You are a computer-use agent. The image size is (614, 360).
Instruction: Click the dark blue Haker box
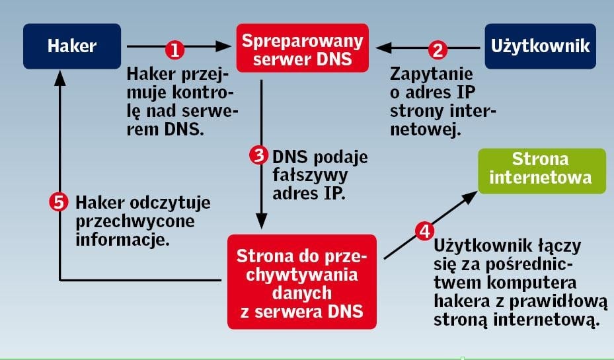pyautogui.click(x=72, y=46)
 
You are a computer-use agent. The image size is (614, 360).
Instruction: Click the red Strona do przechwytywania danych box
pyautogui.click(x=302, y=281)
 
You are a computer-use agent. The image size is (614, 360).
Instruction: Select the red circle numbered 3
pyautogui.click(x=258, y=156)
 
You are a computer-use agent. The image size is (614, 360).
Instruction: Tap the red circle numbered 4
pyautogui.click(x=424, y=231)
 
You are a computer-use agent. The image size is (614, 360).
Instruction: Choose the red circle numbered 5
pyautogui.click(x=60, y=201)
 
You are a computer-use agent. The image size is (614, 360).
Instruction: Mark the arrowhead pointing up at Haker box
pyautogui.click(x=60, y=78)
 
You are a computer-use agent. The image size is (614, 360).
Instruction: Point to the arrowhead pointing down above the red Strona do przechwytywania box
pyautogui.click(x=262, y=221)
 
